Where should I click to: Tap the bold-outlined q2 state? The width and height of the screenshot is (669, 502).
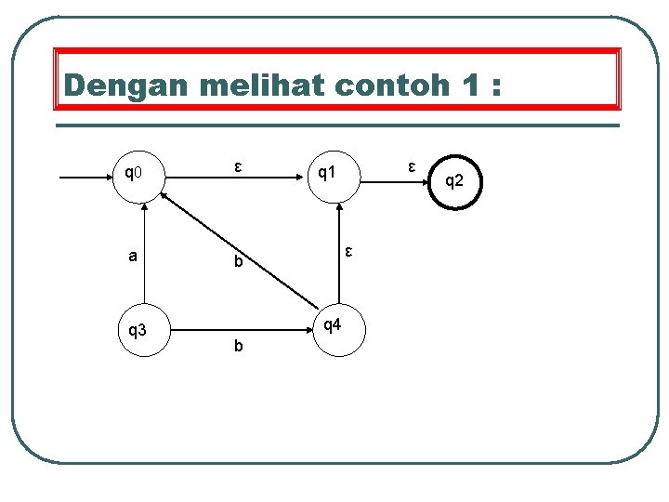coord(453,181)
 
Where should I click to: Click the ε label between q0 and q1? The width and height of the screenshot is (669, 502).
coord(238,167)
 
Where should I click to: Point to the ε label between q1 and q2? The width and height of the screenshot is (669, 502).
coord(410,166)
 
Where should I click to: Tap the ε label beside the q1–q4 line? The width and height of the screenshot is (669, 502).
coord(348,250)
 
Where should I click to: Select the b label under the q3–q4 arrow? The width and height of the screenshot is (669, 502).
coord(239,346)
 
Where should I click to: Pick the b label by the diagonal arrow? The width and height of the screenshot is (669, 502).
coord(238,263)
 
